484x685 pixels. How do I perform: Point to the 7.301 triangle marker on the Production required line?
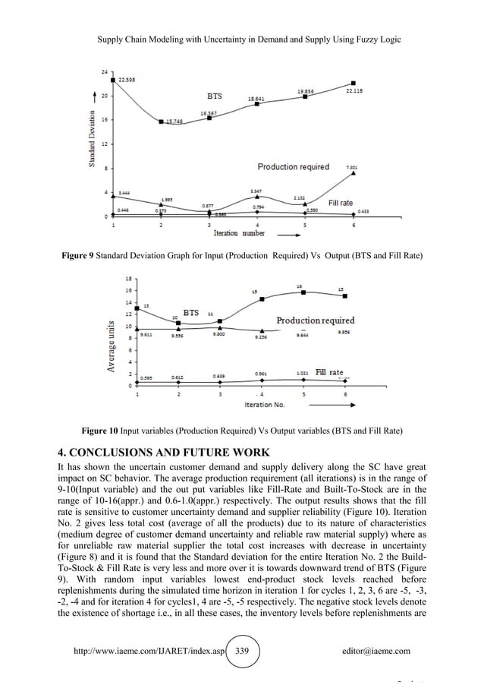point(353,174)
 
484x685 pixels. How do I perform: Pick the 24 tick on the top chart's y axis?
point(103,71)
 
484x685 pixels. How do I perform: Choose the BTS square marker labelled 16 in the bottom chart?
point(304,292)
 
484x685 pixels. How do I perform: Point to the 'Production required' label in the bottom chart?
point(316,320)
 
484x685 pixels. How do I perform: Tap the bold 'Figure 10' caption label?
point(99,431)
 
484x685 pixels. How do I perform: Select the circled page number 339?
point(244,650)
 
